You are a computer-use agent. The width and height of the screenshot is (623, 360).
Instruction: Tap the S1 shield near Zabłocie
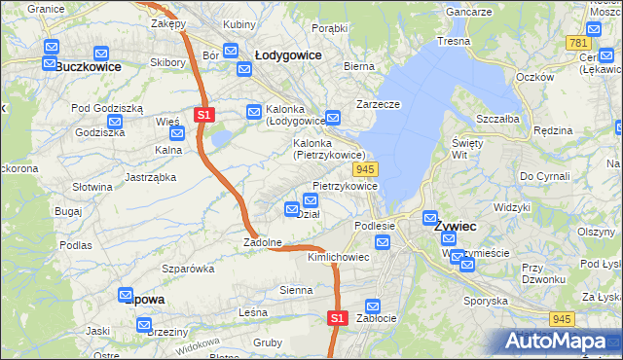coord(336,317)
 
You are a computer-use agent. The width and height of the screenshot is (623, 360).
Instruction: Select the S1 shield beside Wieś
coord(203,115)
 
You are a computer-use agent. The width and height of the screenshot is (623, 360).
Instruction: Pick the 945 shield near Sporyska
coord(560,318)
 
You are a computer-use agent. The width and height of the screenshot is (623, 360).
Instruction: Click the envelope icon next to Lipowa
coord(126,295)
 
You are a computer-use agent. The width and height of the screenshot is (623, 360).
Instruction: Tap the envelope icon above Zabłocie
coord(371,305)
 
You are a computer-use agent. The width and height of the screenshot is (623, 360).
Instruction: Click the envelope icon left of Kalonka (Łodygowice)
coord(254,111)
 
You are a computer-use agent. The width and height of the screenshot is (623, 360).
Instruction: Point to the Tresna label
coord(454,41)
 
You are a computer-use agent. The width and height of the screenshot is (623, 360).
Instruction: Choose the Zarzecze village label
coord(379,102)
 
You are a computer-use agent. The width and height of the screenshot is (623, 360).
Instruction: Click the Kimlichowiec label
coord(338,258)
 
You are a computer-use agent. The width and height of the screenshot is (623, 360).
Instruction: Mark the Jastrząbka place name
coord(150,177)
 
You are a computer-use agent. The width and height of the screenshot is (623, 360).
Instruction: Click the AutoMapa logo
coord(555,342)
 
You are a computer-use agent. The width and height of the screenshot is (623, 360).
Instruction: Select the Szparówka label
coord(188,268)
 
